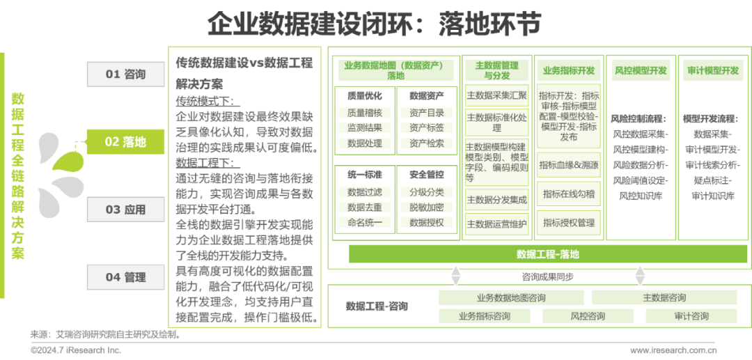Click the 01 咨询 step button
125,74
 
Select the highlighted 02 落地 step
125,142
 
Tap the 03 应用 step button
125,210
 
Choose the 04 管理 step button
125,277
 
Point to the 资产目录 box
426,113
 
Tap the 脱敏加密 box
426,208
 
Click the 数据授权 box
426,223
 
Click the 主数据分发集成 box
496,200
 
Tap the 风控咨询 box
587,316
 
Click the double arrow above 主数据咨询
640,276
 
